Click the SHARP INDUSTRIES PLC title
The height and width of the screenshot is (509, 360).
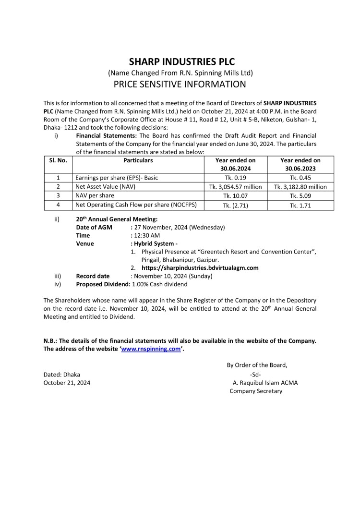pyautogui.click(x=180, y=61)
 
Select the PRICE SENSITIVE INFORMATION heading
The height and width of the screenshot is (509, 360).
pyautogui.click(x=180, y=85)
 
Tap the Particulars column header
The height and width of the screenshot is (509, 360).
pyautogui.click(x=138, y=160)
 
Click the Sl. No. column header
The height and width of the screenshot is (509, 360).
pyautogui.click(x=58, y=160)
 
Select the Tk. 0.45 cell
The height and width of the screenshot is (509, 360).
pyautogui.click(x=300, y=178)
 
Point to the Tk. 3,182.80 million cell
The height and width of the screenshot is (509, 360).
pyautogui.click(x=300, y=187)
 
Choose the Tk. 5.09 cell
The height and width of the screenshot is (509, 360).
pyautogui.click(x=300, y=196)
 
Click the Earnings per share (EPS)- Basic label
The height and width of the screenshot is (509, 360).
pyautogui.click(x=117, y=178)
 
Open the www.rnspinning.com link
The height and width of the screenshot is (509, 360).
pyautogui.click(x=151, y=349)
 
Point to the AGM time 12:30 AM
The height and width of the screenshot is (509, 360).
pyautogui.click(x=147, y=235)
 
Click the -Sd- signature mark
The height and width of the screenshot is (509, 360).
pyautogui.click(x=255, y=374)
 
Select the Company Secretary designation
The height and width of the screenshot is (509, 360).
pyautogui.click(x=256, y=391)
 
